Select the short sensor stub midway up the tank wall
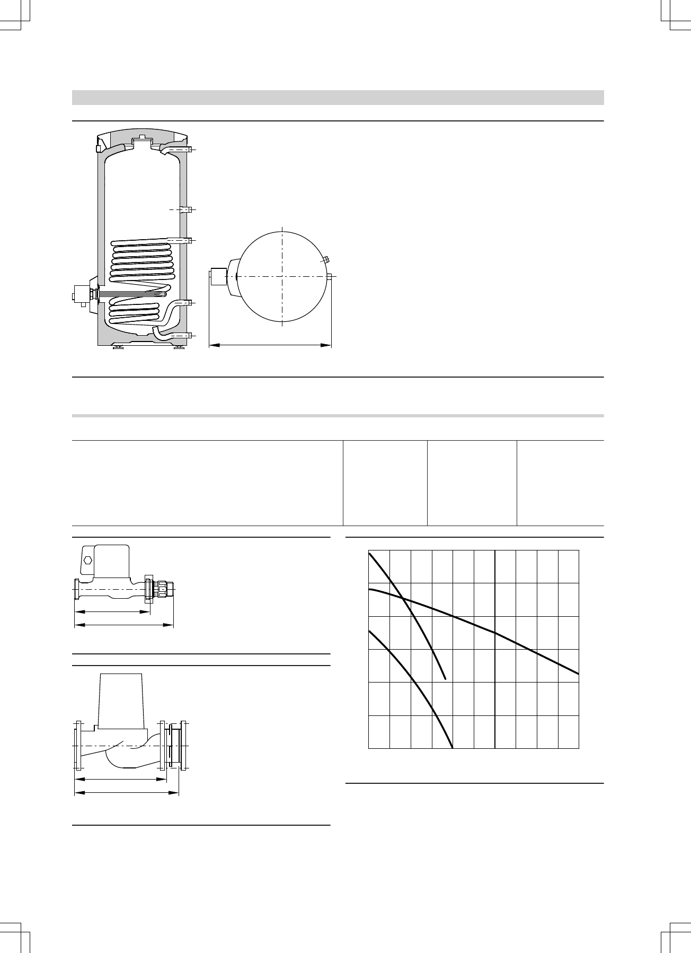coord(184,209)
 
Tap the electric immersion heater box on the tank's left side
coord(82,294)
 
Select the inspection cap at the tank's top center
coord(141,143)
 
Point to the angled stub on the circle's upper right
coord(325,260)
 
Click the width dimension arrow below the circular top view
coord(270,346)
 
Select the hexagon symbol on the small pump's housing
coord(88,560)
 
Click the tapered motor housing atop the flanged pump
coord(121,700)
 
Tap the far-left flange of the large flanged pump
coord(78,746)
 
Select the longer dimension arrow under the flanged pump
coord(126,793)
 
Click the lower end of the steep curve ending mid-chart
coord(446,678)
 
